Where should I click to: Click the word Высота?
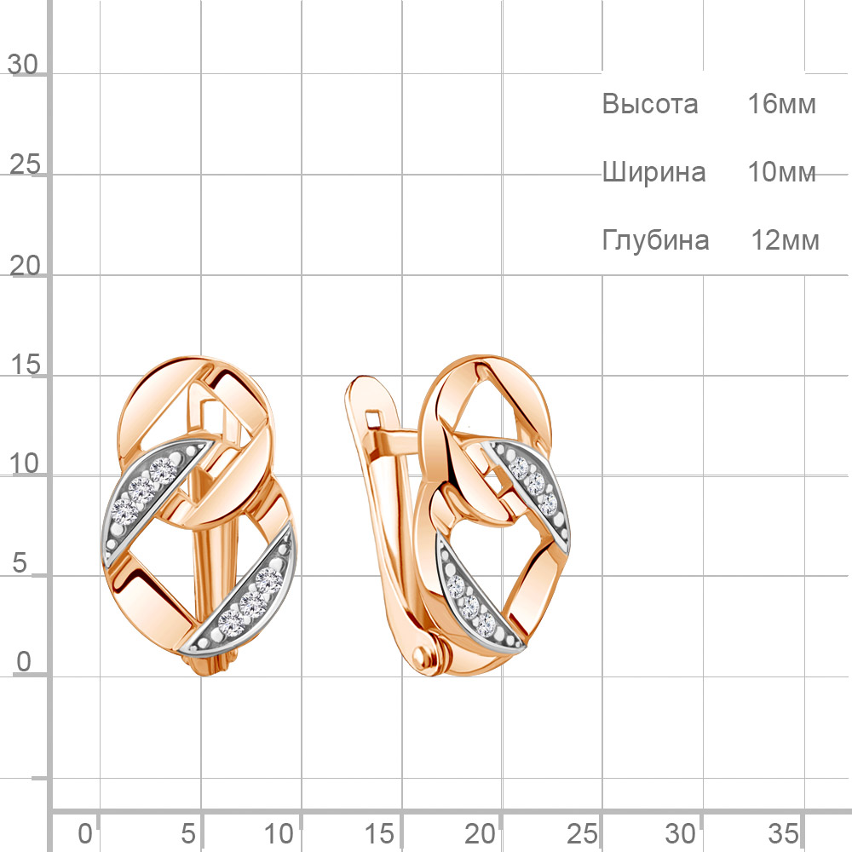649,104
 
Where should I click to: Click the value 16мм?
782,104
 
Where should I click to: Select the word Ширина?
653,173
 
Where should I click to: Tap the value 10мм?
782,172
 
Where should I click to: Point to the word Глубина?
655,240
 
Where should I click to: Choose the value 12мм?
786,240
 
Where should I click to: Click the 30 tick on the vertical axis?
23,65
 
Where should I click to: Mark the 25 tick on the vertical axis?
25,164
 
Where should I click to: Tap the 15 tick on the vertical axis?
25,365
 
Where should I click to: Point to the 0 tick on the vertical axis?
24,662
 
